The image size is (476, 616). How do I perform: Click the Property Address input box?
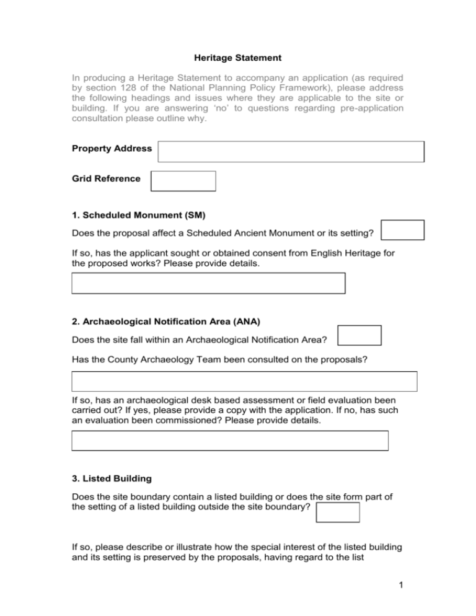click(291, 151)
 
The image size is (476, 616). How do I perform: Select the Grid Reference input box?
click(183, 181)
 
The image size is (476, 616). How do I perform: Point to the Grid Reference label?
click(106, 178)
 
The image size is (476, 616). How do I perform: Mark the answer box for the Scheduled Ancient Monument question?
click(402, 230)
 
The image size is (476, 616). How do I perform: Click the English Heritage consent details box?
click(208, 283)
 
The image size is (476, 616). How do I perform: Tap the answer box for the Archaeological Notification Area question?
click(359, 335)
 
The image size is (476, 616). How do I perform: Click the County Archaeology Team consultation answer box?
click(244, 381)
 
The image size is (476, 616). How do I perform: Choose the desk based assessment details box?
click(230, 441)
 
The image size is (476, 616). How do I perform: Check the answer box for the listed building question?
click(338, 513)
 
